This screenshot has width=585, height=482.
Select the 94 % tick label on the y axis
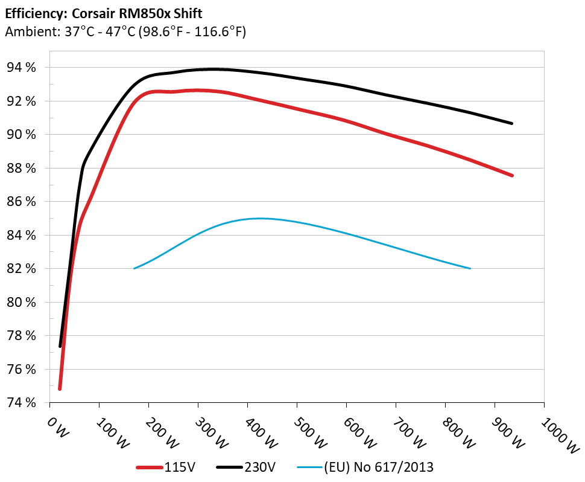[x=22, y=67]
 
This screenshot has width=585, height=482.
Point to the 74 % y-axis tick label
[x=22, y=402]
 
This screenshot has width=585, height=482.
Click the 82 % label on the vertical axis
[x=22, y=268]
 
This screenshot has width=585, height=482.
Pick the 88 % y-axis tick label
[x=22, y=168]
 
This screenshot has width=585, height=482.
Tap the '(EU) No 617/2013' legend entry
[x=366, y=467]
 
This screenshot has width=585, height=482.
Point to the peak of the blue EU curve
[x=259, y=218]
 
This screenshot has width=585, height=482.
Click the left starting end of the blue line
[x=134, y=268]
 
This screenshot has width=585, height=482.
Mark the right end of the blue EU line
[x=470, y=268]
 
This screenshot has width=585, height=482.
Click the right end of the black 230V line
[x=512, y=123]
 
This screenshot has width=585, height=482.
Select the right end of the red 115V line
[x=512, y=176]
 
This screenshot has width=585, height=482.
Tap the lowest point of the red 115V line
[x=60, y=389]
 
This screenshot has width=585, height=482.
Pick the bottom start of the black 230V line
[x=60, y=346]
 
